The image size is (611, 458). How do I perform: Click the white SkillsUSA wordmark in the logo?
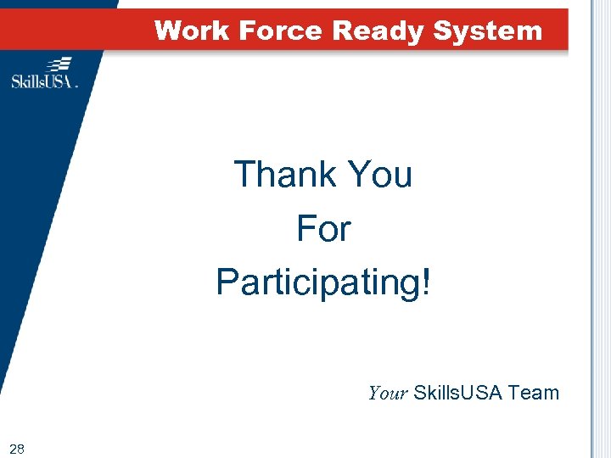point(42,81)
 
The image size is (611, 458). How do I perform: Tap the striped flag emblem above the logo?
point(59,64)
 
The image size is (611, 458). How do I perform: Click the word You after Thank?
point(378,175)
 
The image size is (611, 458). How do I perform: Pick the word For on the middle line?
point(322,228)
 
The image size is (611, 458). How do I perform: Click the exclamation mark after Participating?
point(425,282)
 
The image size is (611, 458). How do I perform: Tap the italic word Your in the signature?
point(388,393)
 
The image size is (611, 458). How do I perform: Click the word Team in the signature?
point(534,393)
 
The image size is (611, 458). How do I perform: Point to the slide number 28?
point(16,448)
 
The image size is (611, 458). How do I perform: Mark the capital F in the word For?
point(305,228)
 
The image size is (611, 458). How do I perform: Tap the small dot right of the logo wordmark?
point(77,86)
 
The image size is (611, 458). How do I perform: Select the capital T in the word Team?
point(514,393)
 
